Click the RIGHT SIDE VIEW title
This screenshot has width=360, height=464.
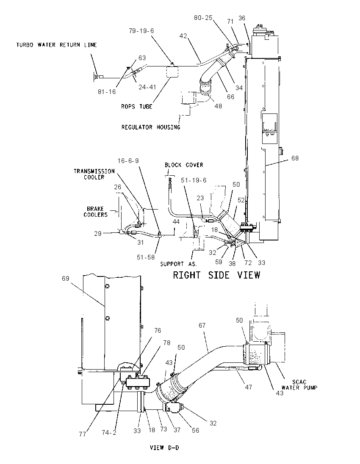[x=216, y=275]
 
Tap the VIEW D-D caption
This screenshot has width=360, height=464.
[x=164, y=448]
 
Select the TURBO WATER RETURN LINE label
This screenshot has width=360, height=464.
[x=57, y=45]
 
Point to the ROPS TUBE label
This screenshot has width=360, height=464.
[x=137, y=107]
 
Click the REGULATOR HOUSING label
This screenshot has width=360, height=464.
[x=151, y=127]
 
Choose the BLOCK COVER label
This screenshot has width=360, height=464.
[x=184, y=165]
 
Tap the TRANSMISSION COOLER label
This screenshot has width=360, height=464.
[x=94, y=174]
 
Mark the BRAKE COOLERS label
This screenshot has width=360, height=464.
[x=95, y=212]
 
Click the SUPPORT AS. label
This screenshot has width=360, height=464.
[x=179, y=264]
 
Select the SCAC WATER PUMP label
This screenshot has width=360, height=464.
[x=299, y=385]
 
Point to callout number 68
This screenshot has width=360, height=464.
[x=295, y=158]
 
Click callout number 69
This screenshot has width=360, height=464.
[x=65, y=279]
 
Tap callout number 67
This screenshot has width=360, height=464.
[x=202, y=326]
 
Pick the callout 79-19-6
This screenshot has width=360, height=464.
[x=141, y=31]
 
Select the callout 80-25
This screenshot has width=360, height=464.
[x=203, y=18]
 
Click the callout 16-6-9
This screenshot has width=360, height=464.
[x=128, y=161]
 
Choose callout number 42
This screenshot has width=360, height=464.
[x=183, y=36]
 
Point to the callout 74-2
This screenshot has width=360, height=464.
[x=109, y=433]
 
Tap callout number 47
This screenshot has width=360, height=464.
[x=248, y=387]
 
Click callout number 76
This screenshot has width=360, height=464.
[x=158, y=330]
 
